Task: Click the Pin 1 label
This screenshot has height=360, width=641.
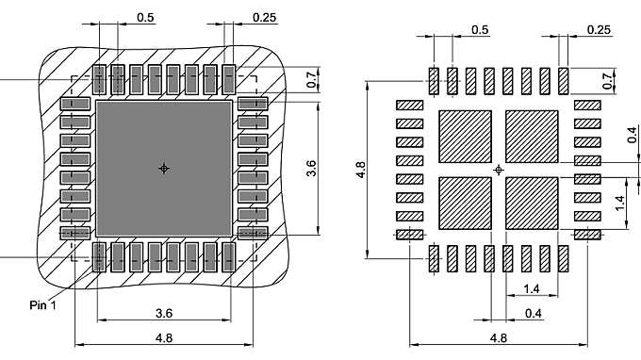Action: (42, 304)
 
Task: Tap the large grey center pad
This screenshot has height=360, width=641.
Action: (164, 169)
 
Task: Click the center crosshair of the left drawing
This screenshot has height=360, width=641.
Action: (164, 169)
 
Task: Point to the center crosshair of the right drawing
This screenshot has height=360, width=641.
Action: (499, 170)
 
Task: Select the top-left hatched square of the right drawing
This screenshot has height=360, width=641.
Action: (466, 137)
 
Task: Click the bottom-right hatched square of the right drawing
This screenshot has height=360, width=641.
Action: (532, 203)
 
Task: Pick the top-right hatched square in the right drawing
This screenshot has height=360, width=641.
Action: (532, 137)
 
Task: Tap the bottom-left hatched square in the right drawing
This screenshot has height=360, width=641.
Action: (466, 203)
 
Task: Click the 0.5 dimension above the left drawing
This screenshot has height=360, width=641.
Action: (145, 18)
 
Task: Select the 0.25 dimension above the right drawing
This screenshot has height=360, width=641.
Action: (599, 30)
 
